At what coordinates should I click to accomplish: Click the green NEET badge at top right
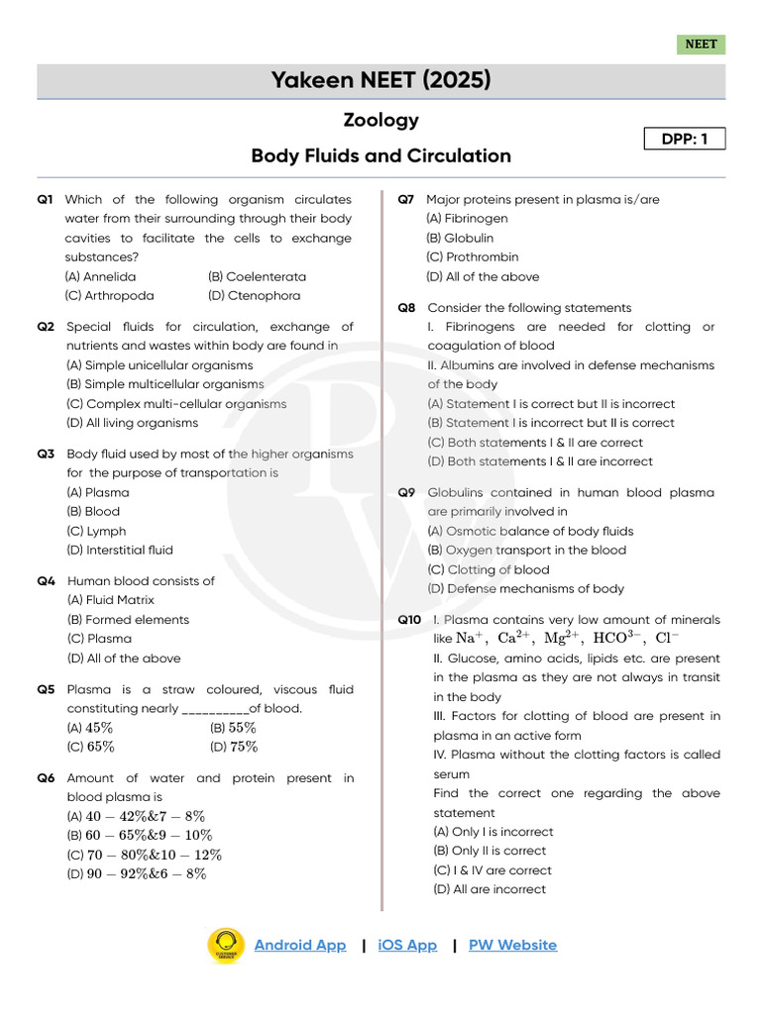click(701, 45)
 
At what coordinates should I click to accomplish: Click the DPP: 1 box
click(684, 139)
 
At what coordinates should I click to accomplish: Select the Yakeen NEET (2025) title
click(380, 80)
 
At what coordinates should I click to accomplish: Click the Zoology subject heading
click(380, 121)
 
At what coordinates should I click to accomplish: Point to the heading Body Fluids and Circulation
click(380, 156)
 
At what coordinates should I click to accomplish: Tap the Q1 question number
click(46, 200)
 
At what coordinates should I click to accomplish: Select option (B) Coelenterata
click(257, 277)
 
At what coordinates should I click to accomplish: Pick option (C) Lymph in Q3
click(96, 532)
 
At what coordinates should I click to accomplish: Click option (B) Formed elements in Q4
click(127, 620)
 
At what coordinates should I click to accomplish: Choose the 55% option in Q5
click(234, 729)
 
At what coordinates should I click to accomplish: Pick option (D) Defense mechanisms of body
click(525, 589)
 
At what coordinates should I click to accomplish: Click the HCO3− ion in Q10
click(618, 639)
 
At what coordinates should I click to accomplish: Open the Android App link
click(300, 946)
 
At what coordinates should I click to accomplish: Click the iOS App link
click(407, 946)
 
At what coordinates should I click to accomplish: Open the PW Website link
click(512, 946)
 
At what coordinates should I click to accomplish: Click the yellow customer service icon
click(226, 946)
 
